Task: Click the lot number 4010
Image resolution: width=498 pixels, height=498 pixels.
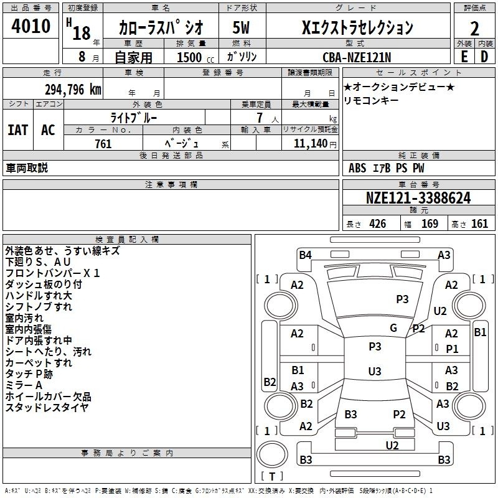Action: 31,26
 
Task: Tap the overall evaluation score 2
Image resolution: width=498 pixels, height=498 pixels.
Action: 474,29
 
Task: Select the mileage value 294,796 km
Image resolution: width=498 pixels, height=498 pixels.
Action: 73,90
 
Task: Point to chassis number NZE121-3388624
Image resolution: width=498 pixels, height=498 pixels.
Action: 418,198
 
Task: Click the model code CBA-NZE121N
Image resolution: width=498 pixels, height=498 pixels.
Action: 357,57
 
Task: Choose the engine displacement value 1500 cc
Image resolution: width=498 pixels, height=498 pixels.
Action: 195,57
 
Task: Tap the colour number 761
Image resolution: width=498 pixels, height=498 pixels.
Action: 103,144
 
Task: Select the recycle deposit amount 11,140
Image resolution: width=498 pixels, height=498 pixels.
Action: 311,144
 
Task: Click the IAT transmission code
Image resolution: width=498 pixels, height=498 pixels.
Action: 18,130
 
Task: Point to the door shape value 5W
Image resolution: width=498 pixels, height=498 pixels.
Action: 241,27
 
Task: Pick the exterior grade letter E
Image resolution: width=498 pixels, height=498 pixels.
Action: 464,57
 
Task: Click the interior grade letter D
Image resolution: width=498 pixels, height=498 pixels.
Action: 484,57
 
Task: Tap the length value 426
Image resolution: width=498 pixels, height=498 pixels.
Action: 378,224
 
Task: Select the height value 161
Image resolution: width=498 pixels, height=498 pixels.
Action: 479,224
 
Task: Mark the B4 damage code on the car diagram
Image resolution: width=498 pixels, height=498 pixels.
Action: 305,255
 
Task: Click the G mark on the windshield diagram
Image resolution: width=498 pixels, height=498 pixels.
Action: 393,328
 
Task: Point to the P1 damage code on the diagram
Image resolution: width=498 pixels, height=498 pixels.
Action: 453,349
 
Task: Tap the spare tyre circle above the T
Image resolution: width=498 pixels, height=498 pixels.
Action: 272,454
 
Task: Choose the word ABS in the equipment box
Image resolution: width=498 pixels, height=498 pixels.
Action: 357,168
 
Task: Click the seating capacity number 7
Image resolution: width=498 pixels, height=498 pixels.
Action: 260,118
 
